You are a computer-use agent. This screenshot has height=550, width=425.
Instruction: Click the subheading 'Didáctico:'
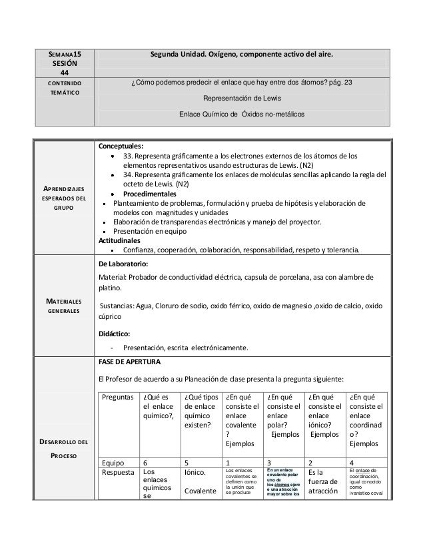[x=115, y=334]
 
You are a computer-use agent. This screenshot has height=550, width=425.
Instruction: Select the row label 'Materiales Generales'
[x=64, y=305]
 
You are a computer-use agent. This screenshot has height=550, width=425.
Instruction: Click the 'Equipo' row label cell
[x=113, y=461]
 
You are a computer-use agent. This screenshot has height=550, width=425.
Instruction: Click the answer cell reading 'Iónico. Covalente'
[x=201, y=482]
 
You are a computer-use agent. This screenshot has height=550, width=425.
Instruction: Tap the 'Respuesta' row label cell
[x=118, y=473]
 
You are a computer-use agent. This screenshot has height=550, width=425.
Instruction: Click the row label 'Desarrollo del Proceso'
[x=64, y=449]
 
